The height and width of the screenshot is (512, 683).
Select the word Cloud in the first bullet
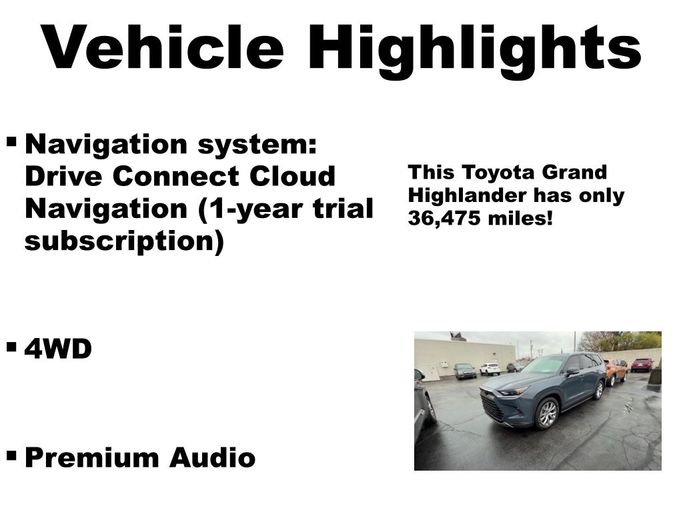coord(293,176)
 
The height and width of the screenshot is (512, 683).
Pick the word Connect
coord(176,176)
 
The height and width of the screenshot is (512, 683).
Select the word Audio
coord(213,457)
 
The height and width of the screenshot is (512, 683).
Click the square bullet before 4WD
coord(12,347)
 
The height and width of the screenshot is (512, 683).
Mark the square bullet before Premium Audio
coord(12,456)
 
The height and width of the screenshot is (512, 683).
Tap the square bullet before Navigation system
coord(12,142)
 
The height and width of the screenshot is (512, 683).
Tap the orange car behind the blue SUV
coord(616,371)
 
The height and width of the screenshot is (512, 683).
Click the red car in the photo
coord(642,365)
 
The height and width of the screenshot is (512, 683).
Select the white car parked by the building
coord(490,369)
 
